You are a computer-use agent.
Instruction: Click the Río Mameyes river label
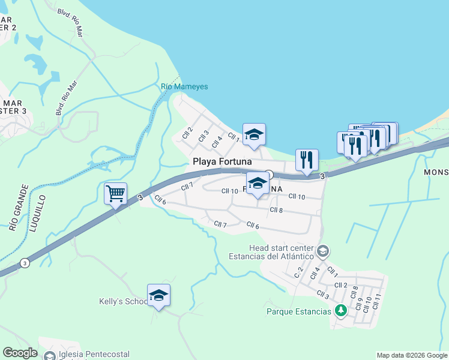tap(184, 86)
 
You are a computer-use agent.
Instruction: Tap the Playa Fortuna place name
tap(221, 162)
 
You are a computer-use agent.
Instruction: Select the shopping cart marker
tap(115, 194)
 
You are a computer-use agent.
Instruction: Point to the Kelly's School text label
tap(123, 301)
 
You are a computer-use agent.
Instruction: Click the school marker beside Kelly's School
tap(158, 295)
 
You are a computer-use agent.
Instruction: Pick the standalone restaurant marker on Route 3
tap(306, 160)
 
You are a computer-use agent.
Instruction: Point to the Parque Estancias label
tap(298, 311)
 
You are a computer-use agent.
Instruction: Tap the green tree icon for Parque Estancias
tap(340, 311)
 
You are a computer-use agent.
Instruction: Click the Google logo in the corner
tap(20, 353)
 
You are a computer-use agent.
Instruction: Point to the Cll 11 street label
tap(376, 301)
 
